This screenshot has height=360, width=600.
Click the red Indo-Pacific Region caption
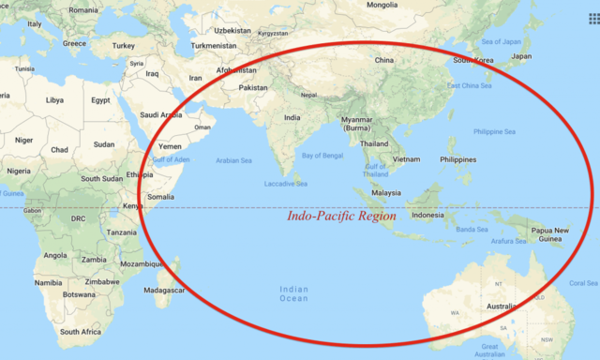[341, 216]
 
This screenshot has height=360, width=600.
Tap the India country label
[292, 117]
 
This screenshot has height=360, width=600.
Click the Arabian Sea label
[234, 160]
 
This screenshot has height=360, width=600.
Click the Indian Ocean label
[293, 293]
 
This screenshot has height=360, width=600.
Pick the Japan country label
[521, 55]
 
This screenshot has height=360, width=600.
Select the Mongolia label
[382, 5]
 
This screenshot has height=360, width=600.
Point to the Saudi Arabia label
[161, 115]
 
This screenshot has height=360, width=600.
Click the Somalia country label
[160, 197]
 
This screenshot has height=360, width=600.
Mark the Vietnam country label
[406, 159]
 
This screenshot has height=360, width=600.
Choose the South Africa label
[81, 332]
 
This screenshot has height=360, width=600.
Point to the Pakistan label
[253, 87]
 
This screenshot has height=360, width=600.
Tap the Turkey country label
[123, 45]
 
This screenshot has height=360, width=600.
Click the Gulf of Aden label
[172, 160]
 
